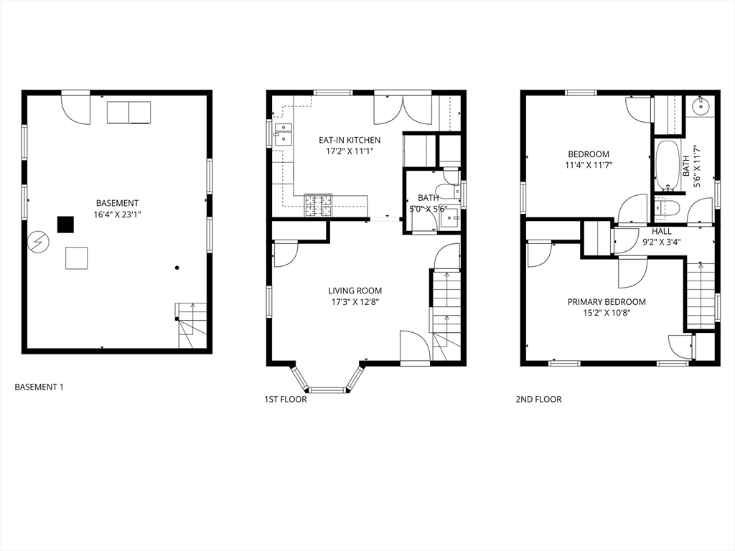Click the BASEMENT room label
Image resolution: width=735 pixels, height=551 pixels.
tap(117, 203)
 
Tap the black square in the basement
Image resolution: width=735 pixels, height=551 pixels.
tap(65, 224)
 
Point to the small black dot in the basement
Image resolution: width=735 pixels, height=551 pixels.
tap(177, 268)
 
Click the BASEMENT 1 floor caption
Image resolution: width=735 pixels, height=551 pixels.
tap(39, 387)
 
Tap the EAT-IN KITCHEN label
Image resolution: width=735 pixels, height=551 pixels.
tap(350, 140)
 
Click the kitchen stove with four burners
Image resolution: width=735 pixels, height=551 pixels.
tap(318, 206)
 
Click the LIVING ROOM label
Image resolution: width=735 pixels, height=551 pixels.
tap(355, 291)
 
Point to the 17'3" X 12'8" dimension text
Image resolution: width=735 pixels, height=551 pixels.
tap(355, 303)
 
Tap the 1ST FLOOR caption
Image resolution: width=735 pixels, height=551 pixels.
tap(286, 399)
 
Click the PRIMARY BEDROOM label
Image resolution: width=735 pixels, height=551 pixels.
tap(607, 302)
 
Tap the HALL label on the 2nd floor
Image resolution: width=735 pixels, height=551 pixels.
tap(661, 232)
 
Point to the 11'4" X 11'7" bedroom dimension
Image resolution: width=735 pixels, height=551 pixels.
tap(589, 166)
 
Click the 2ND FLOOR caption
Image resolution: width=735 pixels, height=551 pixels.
tap(538, 399)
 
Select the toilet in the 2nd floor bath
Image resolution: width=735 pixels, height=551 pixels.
tap(666, 208)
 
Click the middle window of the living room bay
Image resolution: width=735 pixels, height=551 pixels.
tap(328, 390)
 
